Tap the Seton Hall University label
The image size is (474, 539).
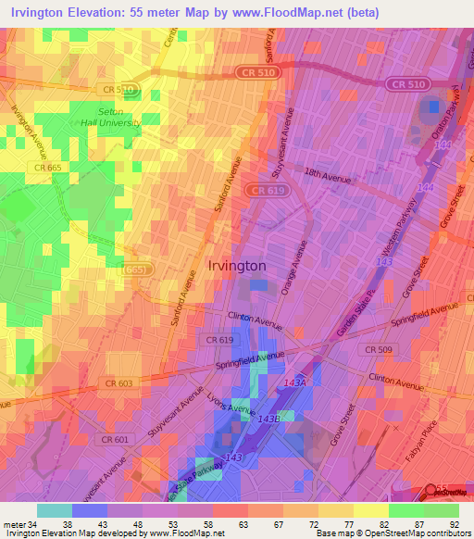click(x=111, y=118)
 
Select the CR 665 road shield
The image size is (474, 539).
click(x=48, y=167)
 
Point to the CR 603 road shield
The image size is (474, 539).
click(x=118, y=383)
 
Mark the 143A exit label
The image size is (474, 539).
click(x=294, y=382)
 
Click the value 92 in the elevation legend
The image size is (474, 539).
click(x=454, y=523)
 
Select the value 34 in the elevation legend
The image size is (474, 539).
click(x=36, y=523)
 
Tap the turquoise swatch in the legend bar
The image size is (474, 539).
click(x=54, y=510)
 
